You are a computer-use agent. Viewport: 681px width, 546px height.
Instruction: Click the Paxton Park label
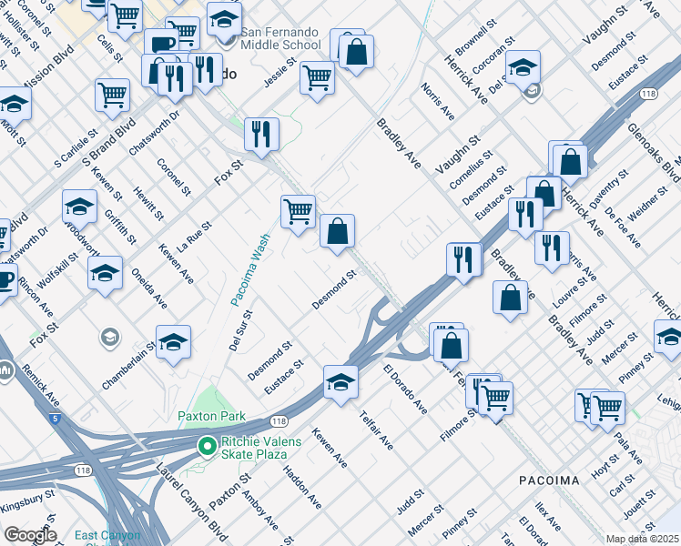(224, 416)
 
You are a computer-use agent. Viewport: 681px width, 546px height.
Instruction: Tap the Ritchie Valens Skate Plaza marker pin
(208, 445)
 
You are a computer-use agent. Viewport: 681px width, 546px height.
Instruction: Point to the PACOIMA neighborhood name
(549, 480)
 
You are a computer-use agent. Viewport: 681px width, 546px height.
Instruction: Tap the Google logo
(30, 535)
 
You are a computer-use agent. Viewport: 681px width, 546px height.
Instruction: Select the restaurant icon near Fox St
(261, 133)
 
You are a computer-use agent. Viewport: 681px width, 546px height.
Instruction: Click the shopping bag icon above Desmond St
(337, 231)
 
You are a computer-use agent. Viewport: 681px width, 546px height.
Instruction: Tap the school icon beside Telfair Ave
(340, 381)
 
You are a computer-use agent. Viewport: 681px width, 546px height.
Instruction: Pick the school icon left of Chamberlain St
(173, 341)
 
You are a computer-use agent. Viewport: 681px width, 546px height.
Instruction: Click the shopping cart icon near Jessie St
(317, 76)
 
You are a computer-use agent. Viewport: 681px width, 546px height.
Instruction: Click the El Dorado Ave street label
(405, 389)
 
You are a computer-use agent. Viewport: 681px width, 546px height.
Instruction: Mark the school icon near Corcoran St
(523, 66)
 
